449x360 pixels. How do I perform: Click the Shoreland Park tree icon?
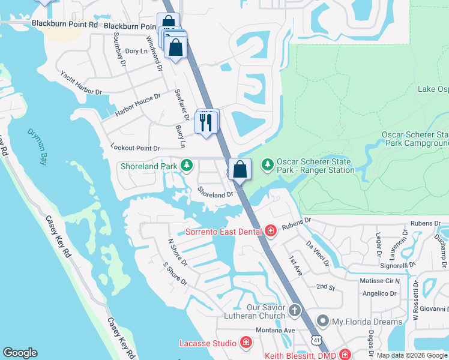(x=187, y=164)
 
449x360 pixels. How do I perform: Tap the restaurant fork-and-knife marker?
(x=206, y=122)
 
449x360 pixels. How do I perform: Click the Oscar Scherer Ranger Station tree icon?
(x=267, y=163)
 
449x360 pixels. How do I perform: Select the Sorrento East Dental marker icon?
(x=270, y=231)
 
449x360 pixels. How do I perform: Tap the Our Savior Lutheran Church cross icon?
(x=294, y=310)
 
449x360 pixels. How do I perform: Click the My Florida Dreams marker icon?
(x=324, y=321)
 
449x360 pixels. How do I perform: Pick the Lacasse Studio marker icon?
(x=246, y=343)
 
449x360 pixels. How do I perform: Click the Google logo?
(x=20, y=353)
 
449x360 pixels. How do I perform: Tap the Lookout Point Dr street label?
(x=136, y=148)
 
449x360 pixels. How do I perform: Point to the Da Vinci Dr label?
(x=318, y=254)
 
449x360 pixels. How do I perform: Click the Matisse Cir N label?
(x=380, y=281)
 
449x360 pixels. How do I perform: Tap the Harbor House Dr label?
(x=138, y=104)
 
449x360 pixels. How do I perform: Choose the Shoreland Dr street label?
(x=215, y=193)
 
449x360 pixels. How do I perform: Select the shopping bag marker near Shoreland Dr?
(x=240, y=169)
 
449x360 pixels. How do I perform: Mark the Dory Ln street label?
(x=135, y=51)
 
